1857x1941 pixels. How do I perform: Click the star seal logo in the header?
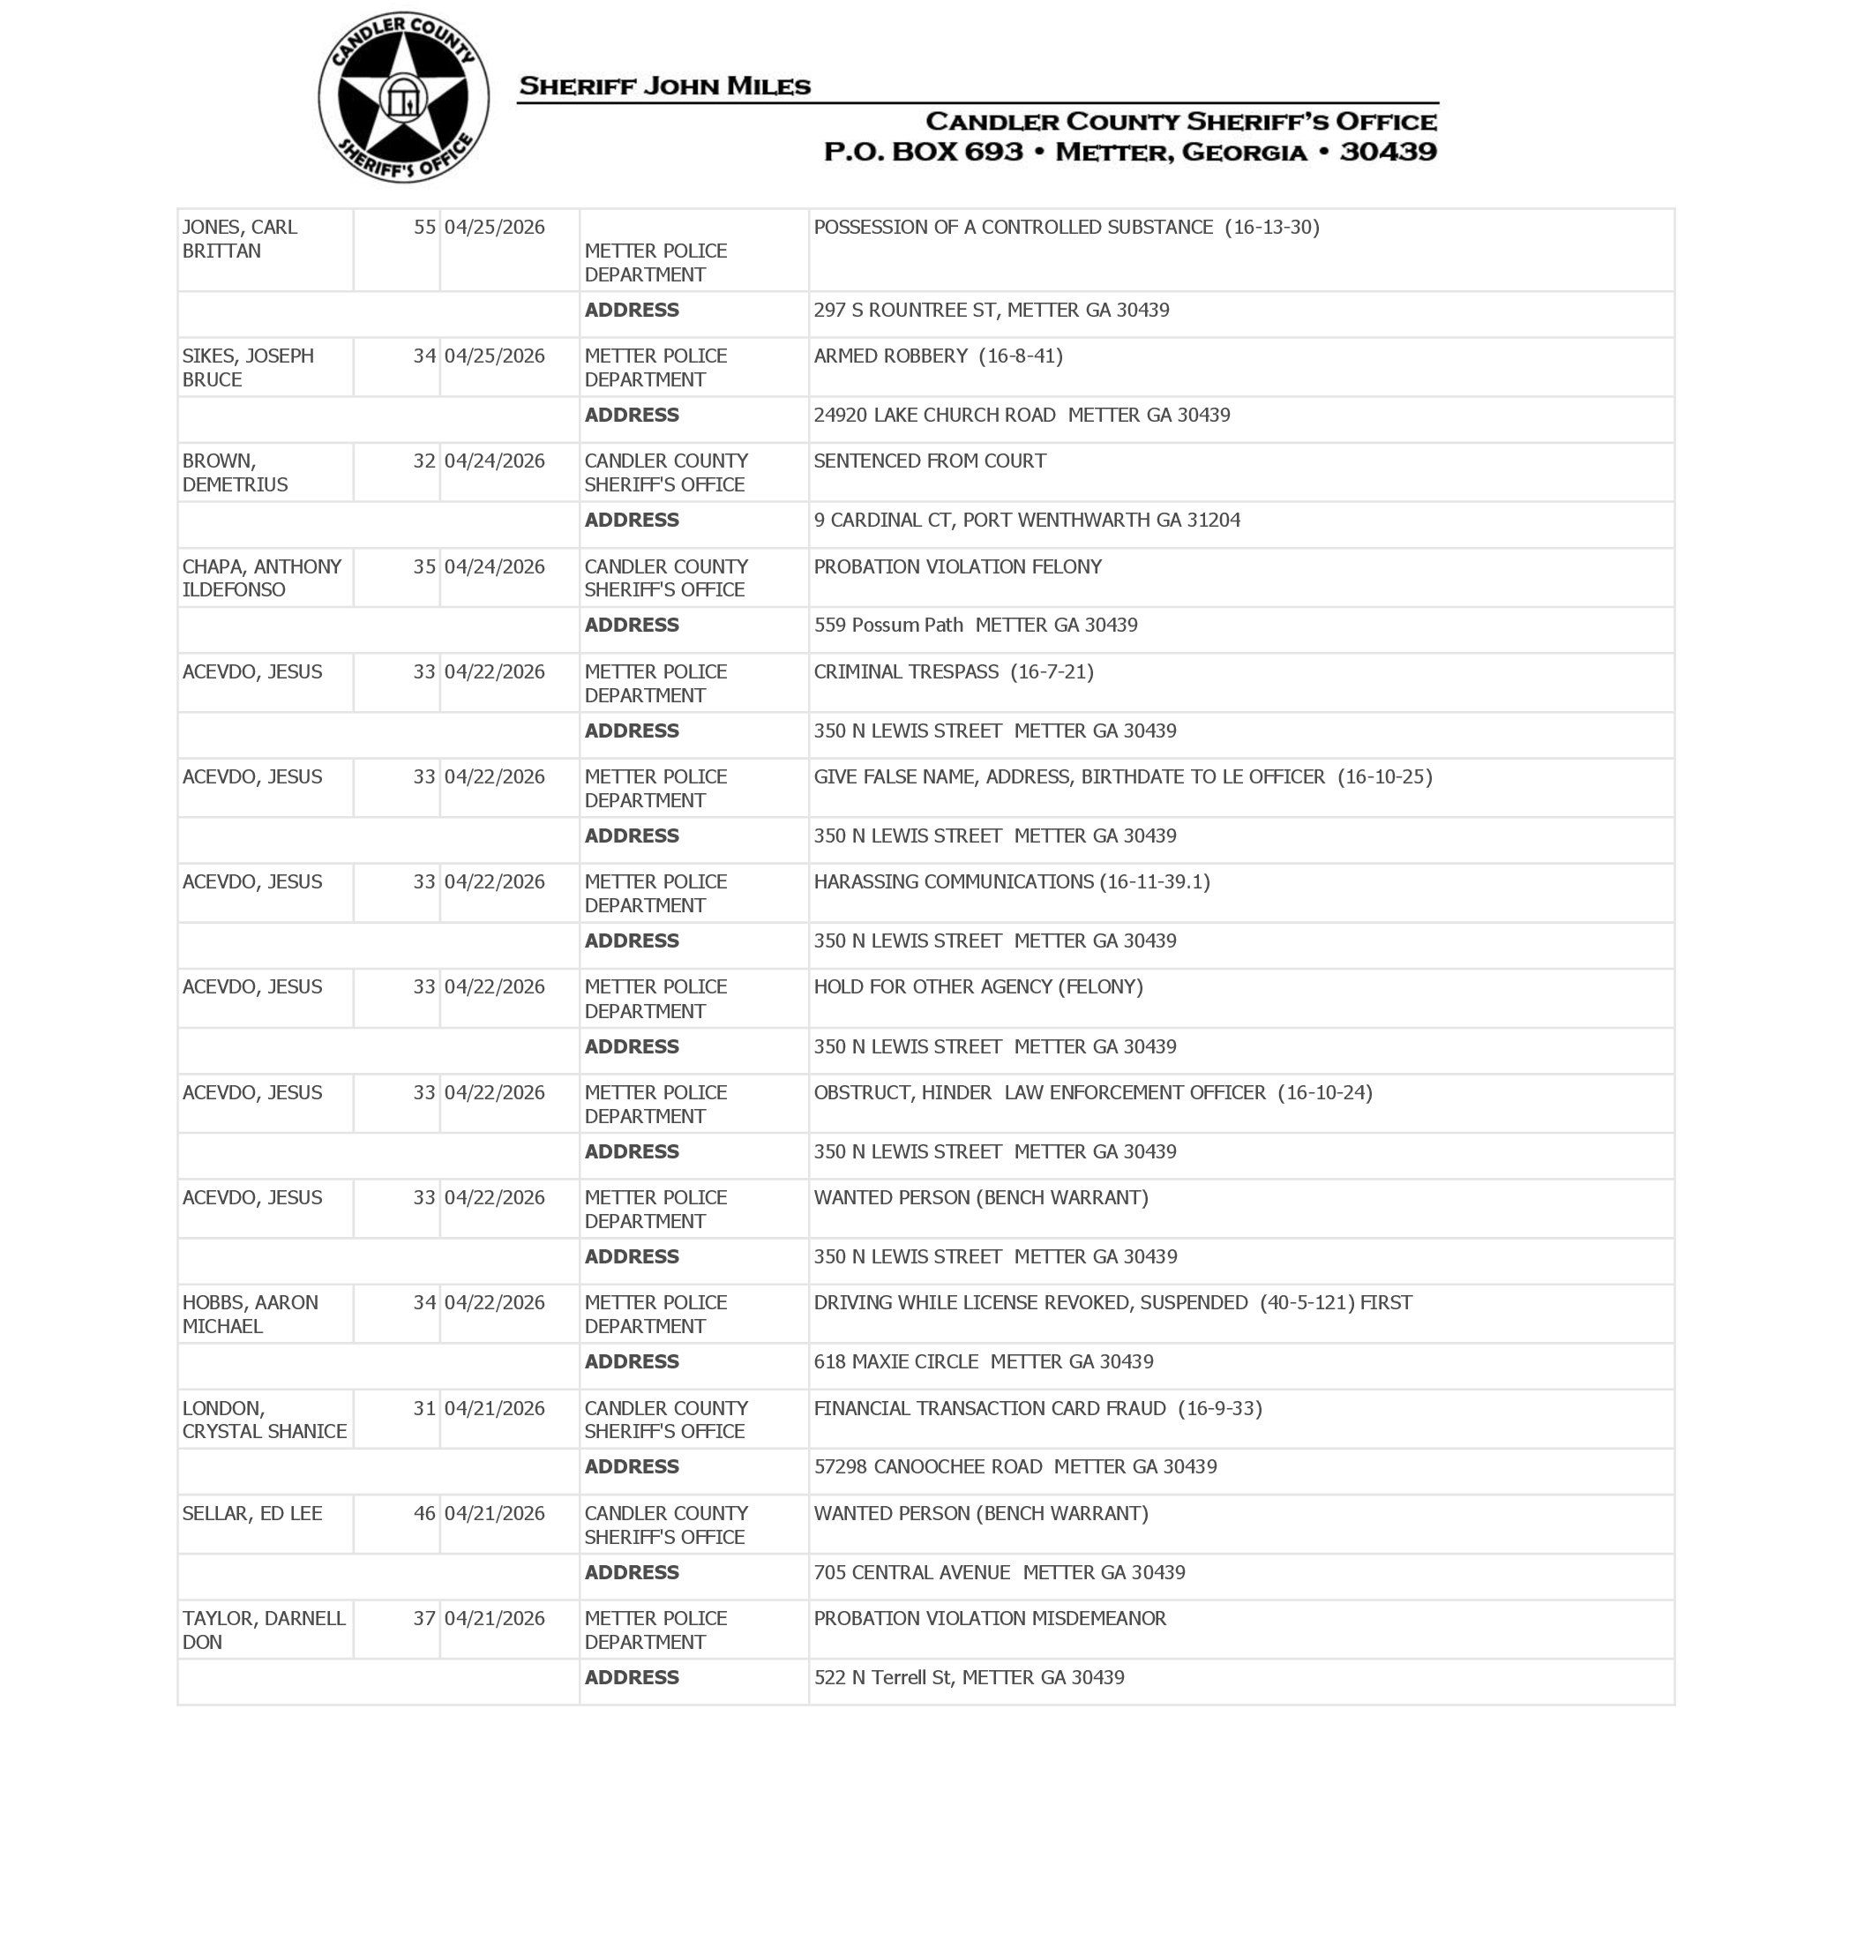tap(403, 97)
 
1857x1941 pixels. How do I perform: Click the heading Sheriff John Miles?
tap(664, 86)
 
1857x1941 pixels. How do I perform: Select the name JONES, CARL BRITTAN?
tap(240, 238)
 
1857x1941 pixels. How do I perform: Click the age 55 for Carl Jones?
tap(423, 227)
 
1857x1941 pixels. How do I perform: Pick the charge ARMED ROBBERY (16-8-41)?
tap(938, 356)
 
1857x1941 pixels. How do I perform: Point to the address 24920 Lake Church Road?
tap(1022, 415)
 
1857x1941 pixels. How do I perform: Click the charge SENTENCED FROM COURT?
tap(930, 461)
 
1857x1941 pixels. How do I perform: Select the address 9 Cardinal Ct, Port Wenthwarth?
tap(1027, 520)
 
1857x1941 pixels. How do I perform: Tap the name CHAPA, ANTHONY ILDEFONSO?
tap(261, 578)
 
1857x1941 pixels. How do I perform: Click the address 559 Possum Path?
tap(975, 625)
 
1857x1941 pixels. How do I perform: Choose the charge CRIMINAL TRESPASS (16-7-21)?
tap(954, 671)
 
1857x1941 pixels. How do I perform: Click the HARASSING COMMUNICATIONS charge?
tap(1012, 881)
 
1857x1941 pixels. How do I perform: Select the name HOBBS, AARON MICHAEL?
tap(250, 1314)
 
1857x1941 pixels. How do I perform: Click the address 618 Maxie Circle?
tap(983, 1361)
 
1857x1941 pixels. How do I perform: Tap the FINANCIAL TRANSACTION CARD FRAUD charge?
tap(1037, 1407)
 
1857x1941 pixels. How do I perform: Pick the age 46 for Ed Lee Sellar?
tap(423, 1512)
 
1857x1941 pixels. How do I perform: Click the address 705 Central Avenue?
tap(999, 1572)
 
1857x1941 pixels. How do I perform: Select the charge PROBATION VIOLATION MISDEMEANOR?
tap(990, 1617)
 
